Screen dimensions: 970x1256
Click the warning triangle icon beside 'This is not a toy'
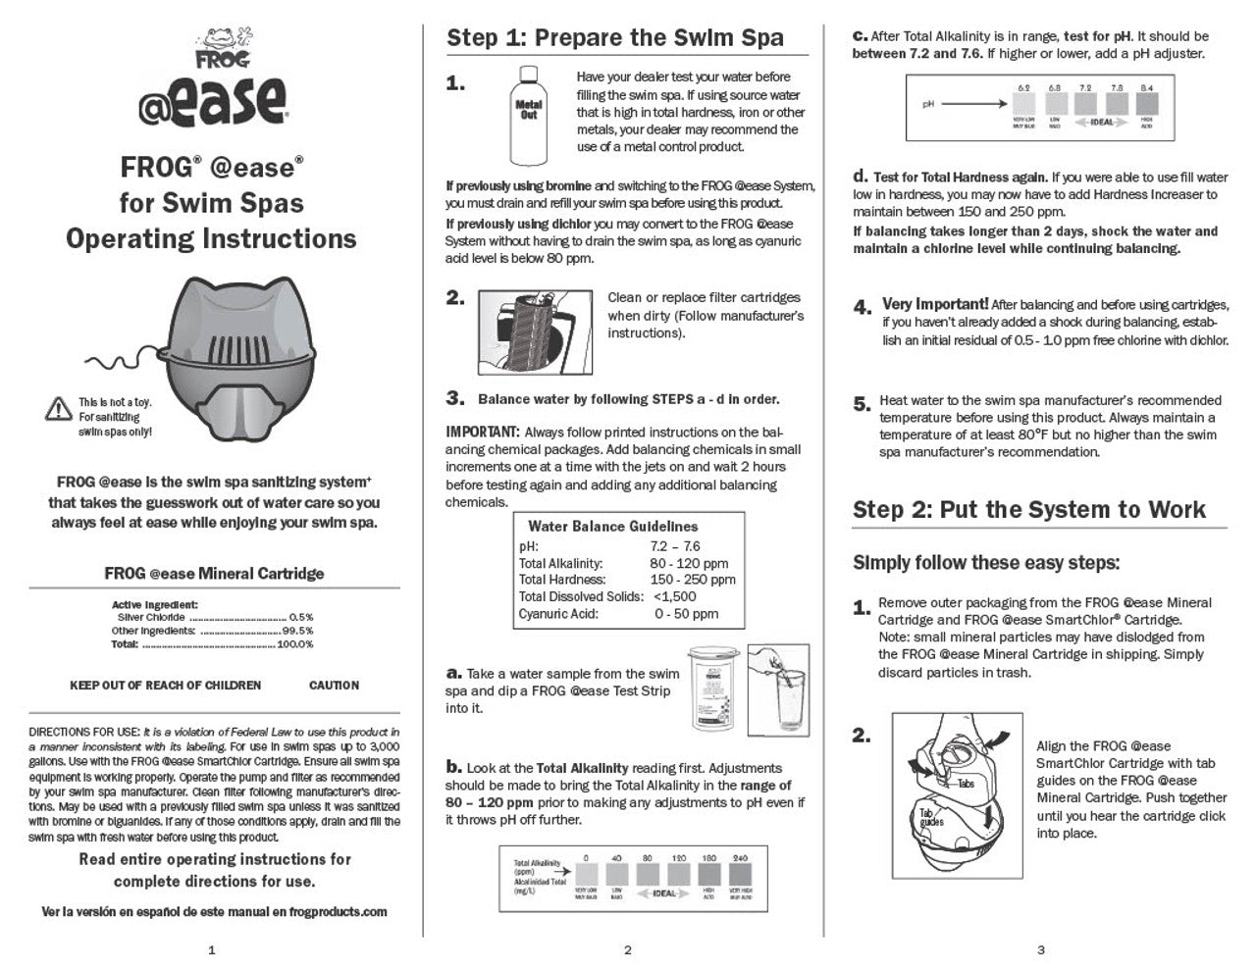59,409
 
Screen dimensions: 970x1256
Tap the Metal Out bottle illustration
529,115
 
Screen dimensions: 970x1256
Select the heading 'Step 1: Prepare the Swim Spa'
615,38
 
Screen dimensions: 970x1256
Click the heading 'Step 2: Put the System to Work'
1029,509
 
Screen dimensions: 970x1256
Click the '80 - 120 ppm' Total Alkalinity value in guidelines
689,563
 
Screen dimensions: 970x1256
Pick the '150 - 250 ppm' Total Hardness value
693,580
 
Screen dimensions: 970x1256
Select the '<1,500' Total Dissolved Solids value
675,596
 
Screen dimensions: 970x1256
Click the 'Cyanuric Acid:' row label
558,614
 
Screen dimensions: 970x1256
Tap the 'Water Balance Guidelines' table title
613,527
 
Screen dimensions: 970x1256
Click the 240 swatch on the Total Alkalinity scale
740,874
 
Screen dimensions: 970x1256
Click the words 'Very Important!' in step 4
934,305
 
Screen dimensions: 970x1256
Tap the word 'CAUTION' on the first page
334,686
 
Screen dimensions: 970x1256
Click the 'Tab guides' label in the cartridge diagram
933,817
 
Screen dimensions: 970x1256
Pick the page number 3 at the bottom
1041,949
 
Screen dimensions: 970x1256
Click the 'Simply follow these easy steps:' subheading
986,563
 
